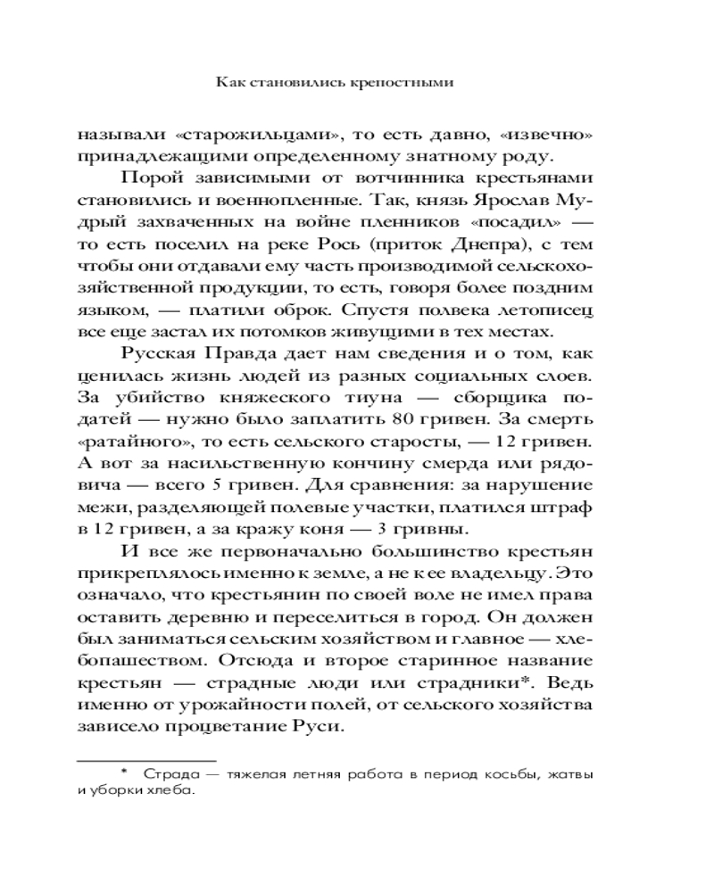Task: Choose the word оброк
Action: pos(324,310)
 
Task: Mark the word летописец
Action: pos(546,310)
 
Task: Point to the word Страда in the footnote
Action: pos(170,773)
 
